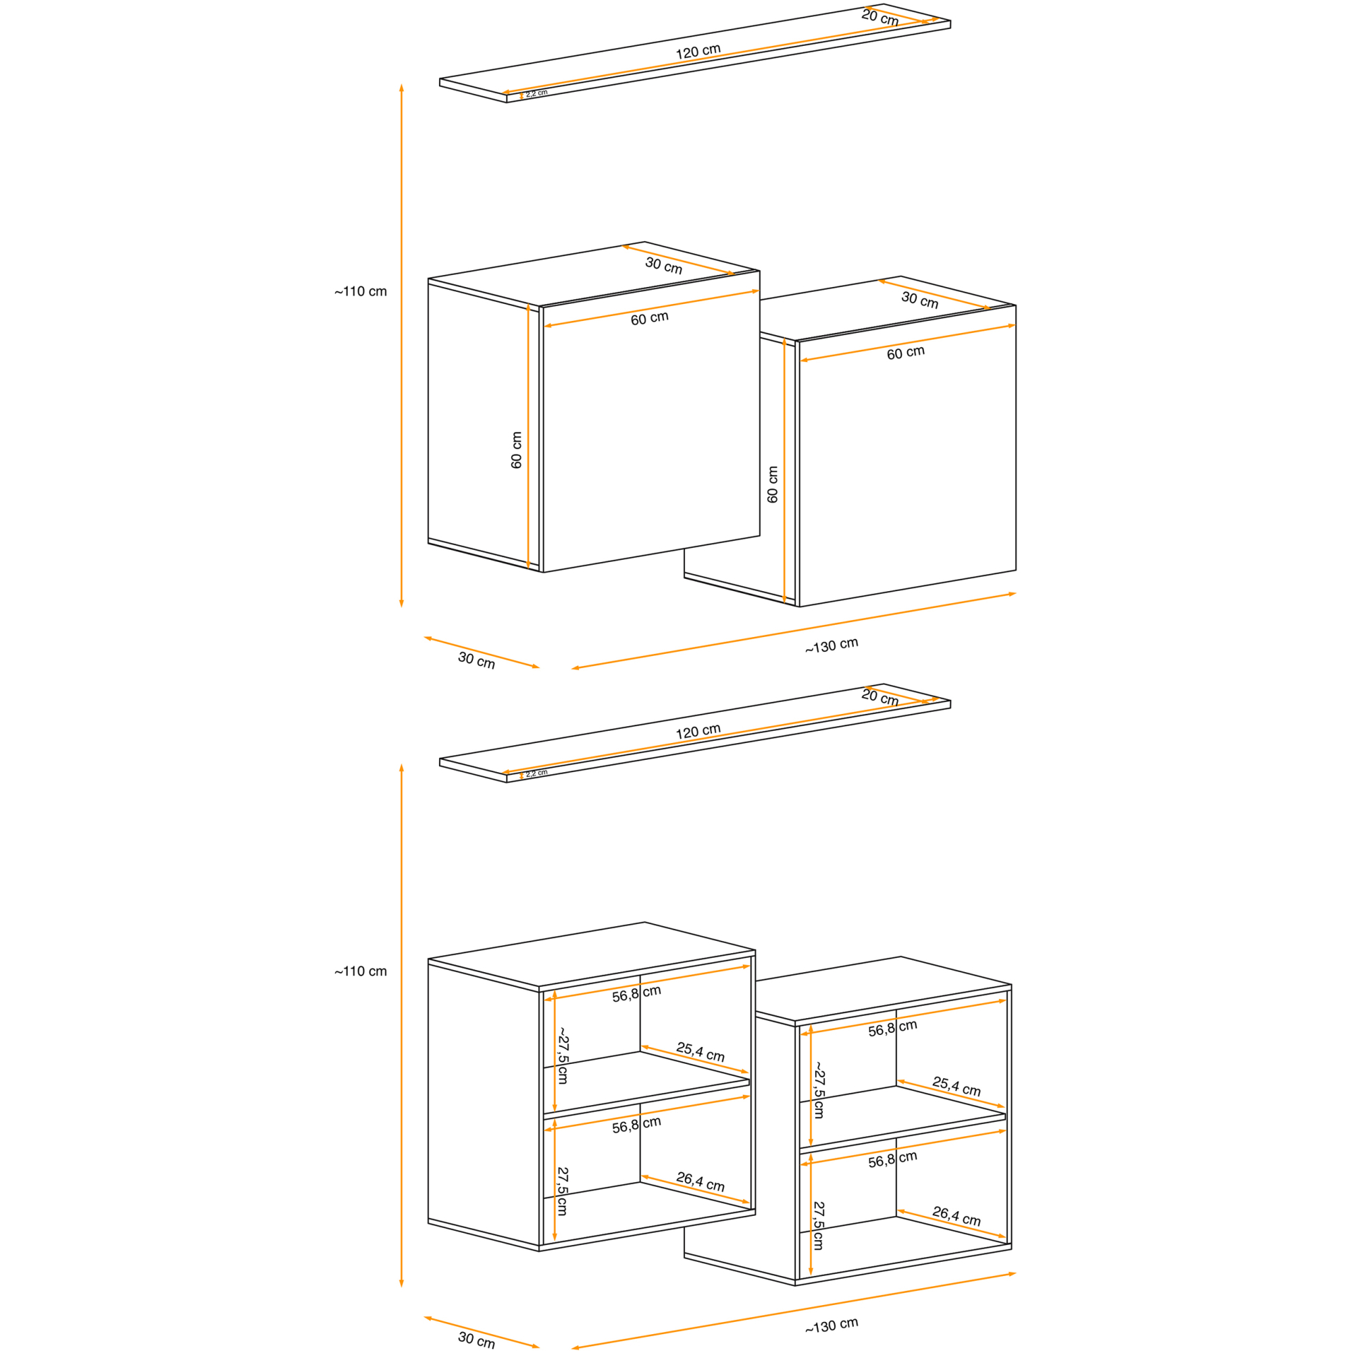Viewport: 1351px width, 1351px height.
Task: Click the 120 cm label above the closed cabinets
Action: pyautogui.click(x=698, y=52)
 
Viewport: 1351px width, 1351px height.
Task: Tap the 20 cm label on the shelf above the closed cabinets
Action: pyautogui.click(x=880, y=18)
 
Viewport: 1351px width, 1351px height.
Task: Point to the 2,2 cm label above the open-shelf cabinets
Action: pyautogui.click(x=536, y=773)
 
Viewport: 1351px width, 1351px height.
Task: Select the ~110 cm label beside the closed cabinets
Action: pyautogui.click(x=360, y=291)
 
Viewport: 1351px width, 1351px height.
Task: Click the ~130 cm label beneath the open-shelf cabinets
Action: pyautogui.click(x=832, y=1325)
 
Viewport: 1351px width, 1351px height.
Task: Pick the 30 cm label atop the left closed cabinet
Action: pyautogui.click(x=663, y=265)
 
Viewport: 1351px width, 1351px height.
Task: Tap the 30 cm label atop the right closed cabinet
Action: pyautogui.click(x=919, y=299)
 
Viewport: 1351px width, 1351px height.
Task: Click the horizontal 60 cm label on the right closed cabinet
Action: pyautogui.click(x=906, y=353)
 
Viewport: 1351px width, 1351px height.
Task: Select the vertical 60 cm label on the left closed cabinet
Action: pyautogui.click(x=517, y=450)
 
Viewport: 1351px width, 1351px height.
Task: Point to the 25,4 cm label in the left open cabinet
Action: pyautogui.click(x=700, y=1052)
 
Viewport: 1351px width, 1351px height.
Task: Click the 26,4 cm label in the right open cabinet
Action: pyautogui.click(x=956, y=1216)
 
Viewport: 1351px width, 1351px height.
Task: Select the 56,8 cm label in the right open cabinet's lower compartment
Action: pyautogui.click(x=892, y=1158)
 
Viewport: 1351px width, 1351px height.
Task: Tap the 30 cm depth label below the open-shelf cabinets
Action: pyautogui.click(x=476, y=1339)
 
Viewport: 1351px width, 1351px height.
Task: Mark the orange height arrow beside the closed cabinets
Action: pyautogui.click(x=401, y=345)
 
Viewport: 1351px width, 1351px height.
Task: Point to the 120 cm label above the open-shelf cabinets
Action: pyautogui.click(x=698, y=732)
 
